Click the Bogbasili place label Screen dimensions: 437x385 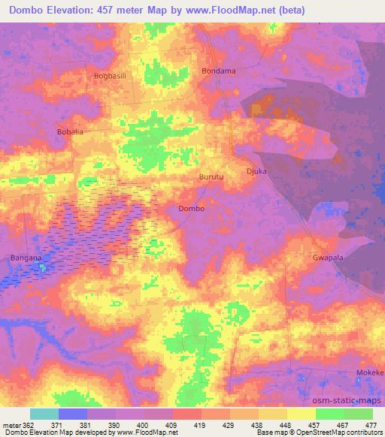tap(111, 76)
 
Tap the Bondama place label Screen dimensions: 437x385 tap(219, 71)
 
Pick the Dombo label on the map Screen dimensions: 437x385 tap(191, 209)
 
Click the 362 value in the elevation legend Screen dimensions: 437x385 tap(29, 424)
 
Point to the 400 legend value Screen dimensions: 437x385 tap(144, 424)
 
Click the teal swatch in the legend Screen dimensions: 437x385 tap(44, 414)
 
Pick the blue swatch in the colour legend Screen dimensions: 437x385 tap(73, 414)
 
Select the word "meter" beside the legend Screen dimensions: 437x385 tap(12, 424)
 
